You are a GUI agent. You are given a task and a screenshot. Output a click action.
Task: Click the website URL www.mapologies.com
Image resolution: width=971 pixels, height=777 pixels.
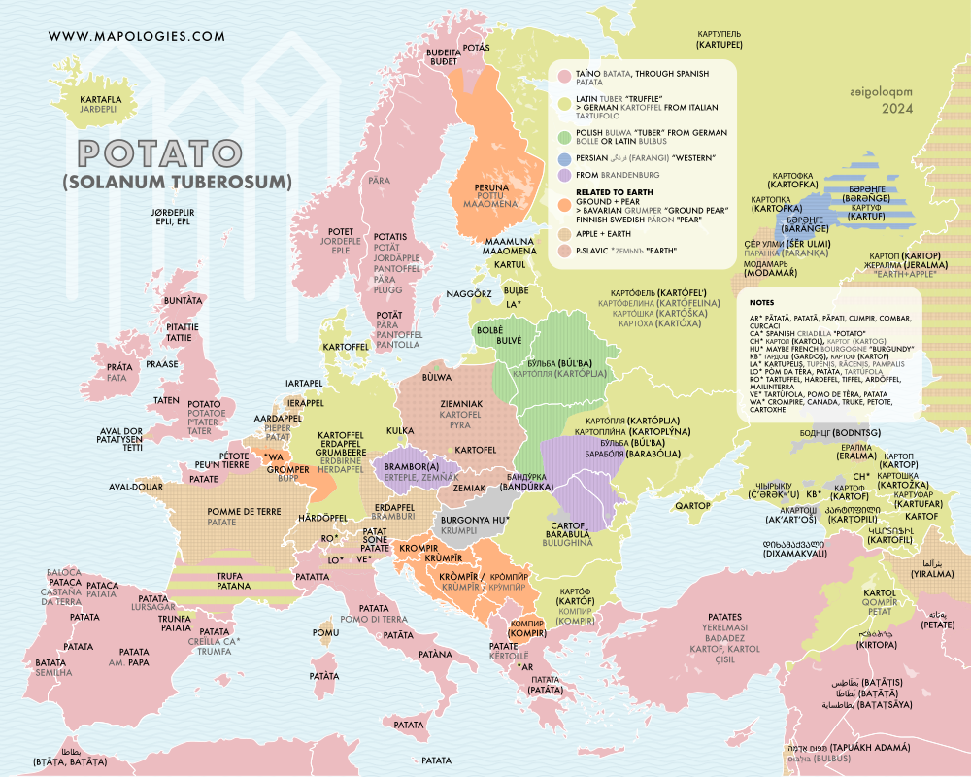coord(136,36)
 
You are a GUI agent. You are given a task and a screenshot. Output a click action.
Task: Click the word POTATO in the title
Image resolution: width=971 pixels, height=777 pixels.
coord(159,153)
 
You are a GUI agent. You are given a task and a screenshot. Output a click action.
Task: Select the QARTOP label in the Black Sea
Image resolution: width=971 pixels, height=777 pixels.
coord(693,506)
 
